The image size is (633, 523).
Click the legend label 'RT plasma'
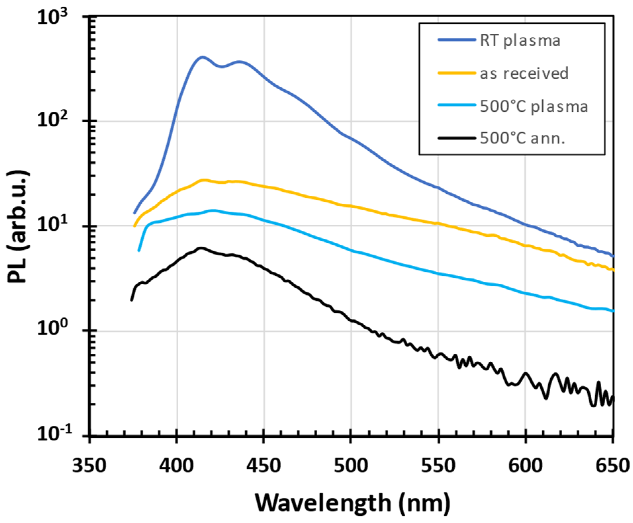click(x=520, y=41)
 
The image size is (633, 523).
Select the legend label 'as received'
click(x=524, y=73)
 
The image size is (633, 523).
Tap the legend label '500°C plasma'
click(x=534, y=106)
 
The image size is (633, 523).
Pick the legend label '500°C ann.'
click(x=522, y=138)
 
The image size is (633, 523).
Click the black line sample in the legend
click(x=457, y=138)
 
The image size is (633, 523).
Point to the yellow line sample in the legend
click(x=457, y=73)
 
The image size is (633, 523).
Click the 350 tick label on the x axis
click(x=89, y=466)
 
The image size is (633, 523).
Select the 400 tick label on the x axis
click(x=177, y=466)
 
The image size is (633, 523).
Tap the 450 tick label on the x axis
click(x=264, y=466)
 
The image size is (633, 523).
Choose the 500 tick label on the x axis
click(x=351, y=466)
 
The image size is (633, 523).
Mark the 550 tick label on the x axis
click(x=438, y=466)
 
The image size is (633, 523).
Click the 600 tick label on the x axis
click(x=525, y=466)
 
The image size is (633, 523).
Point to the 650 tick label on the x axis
click(x=612, y=466)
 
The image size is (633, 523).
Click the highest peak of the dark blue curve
click(x=202, y=57)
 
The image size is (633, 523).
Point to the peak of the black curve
click(x=200, y=248)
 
